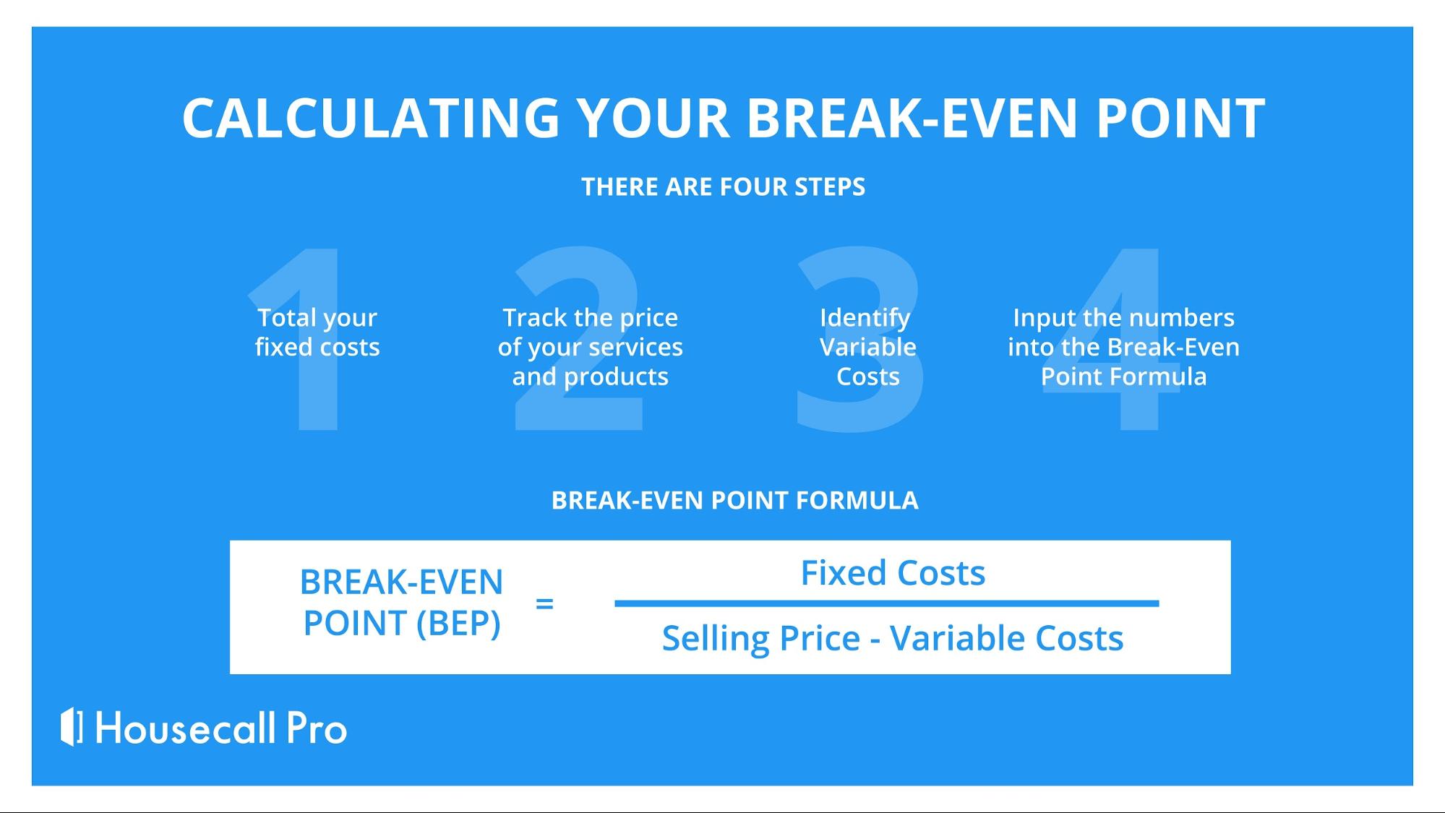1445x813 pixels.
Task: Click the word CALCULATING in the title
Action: [372, 118]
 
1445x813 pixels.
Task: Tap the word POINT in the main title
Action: [1180, 118]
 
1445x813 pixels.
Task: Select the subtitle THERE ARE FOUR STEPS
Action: [723, 187]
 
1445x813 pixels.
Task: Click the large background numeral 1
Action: [304, 340]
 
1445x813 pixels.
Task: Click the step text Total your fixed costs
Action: [317, 332]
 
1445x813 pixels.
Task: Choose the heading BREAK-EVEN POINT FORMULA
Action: [734, 500]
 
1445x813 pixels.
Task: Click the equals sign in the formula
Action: [544, 603]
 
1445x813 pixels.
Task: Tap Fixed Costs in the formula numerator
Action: [893, 573]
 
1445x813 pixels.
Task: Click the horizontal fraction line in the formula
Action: [887, 603]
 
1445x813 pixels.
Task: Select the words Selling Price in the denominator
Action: [761, 638]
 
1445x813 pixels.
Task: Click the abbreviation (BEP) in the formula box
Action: [458, 623]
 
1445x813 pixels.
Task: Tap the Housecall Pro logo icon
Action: [72, 727]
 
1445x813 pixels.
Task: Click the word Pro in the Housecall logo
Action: [317, 728]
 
